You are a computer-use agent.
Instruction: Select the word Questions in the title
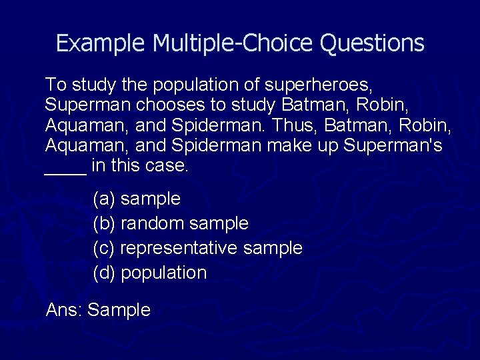372,43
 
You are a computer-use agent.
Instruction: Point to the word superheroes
319,85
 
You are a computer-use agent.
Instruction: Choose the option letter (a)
104,199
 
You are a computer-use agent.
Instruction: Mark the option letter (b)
104,223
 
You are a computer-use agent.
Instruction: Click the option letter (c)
104,248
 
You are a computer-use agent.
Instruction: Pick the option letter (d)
104,273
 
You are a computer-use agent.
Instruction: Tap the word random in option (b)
153,223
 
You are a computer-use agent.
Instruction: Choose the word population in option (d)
164,273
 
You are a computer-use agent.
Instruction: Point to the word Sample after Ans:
119,311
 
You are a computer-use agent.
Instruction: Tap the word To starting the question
56,85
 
